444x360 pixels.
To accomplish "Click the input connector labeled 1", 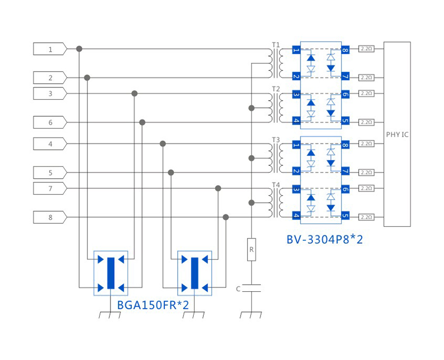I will click(50, 49).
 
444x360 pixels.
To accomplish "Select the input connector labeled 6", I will click(50, 123).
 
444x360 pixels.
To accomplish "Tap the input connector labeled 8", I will click(50, 218).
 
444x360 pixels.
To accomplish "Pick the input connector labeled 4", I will click(50, 144).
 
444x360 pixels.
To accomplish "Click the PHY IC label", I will click(397, 134).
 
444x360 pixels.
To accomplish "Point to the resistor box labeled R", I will click(251, 249).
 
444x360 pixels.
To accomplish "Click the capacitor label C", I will click(238, 289).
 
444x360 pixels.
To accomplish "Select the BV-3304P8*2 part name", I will click(324, 239).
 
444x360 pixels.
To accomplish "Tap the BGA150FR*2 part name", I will click(153, 305).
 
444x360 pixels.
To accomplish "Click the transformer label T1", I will click(275, 44).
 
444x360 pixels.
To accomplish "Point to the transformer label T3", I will click(275, 140).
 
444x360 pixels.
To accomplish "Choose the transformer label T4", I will click(275, 185).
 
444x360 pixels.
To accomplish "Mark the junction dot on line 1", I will click(80, 49).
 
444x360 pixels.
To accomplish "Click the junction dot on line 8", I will click(226, 217).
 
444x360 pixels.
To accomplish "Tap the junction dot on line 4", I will click(163, 144).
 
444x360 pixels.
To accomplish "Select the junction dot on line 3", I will click(134, 93).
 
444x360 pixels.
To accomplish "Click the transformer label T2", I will click(275, 89).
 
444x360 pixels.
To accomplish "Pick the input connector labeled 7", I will click(50, 188).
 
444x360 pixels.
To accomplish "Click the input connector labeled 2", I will click(50, 78).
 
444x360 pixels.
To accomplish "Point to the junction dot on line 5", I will click(171, 172).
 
